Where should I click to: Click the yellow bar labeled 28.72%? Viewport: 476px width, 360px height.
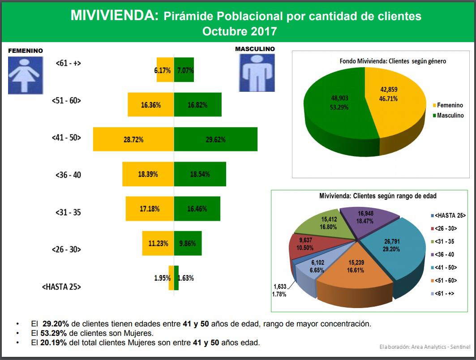(x=133, y=139)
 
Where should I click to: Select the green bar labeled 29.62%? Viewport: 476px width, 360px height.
(x=215, y=139)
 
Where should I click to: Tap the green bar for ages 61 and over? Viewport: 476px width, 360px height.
(x=184, y=70)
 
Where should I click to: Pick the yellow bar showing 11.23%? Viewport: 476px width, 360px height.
(x=158, y=243)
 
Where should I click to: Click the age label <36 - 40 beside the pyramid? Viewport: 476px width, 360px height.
(x=69, y=175)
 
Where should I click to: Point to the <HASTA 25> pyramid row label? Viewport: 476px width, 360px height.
(x=61, y=287)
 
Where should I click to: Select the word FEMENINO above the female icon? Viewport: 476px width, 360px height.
(x=26, y=51)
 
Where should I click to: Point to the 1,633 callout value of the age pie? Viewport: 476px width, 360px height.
(x=280, y=287)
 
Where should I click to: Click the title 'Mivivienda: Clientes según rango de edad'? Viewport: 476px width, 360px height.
(x=377, y=196)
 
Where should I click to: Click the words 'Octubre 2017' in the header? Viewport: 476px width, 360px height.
(x=239, y=31)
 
